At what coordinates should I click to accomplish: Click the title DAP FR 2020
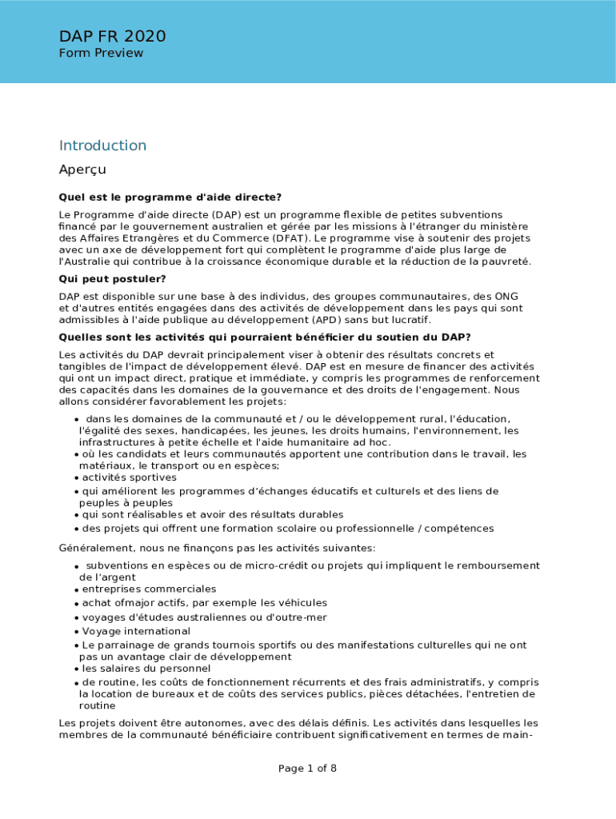pyautogui.click(x=112, y=36)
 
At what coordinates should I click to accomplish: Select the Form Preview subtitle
pyautogui.click(x=101, y=53)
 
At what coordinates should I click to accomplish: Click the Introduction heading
pyautogui.click(x=102, y=146)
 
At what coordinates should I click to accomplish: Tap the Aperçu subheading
pyautogui.click(x=82, y=170)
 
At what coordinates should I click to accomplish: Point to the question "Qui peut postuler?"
pyautogui.click(x=112, y=279)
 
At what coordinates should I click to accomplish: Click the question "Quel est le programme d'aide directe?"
pyautogui.click(x=170, y=198)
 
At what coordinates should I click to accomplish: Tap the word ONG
pyautogui.click(x=506, y=297)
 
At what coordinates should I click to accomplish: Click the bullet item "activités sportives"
pyautogui.click(x=130, y=477)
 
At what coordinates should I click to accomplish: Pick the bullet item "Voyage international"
pyautogui.click(x=136, y=631)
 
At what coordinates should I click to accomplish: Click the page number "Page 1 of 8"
pyautogui.click(x=307, y=769)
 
